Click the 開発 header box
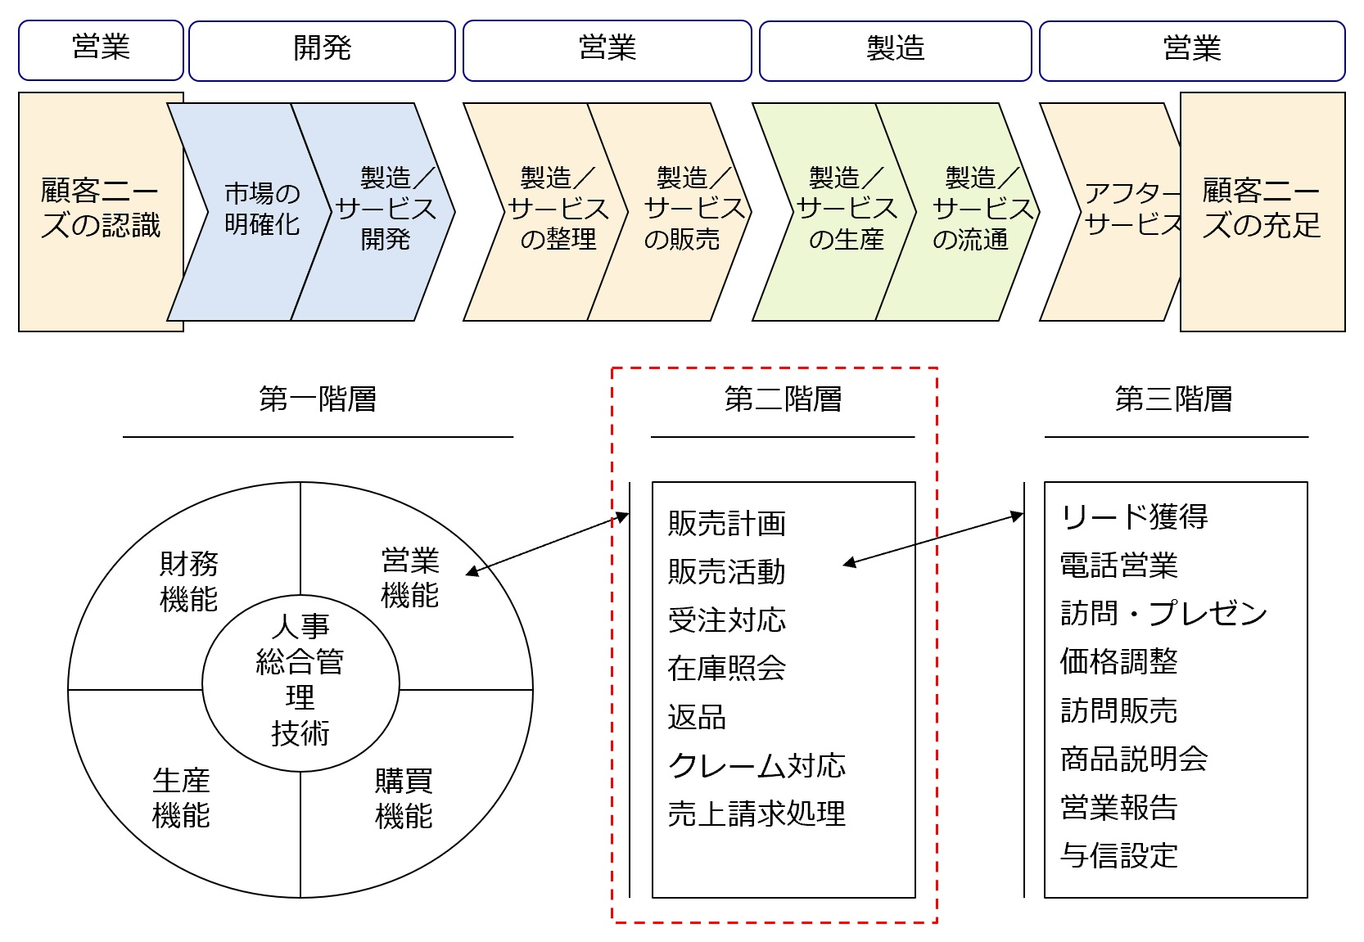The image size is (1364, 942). pyautogui.click(x=322, y=51)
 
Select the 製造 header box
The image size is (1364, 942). pyautogui.click(x=895, y=51)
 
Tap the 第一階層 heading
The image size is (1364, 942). pyautogui.click(x=318, y=399)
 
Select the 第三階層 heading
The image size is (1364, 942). pyautogui.click(x=1173, y=399)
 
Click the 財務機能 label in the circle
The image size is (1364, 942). pyautogui.click(x=188, y=581)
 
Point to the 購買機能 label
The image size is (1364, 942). pyautogui.click(x=403, y=798)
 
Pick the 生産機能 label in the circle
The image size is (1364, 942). pyautogui.click(x=181, y=798)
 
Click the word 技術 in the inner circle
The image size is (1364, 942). pyautogui.click(x=300, y=733)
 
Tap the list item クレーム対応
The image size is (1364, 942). pyautogui.click(x=757, y=766)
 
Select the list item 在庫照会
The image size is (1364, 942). pyautogui.click(x=726, y=669)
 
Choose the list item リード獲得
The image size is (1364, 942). pyautogui.click(x=1134, y=516)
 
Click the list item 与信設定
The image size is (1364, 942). pyautogui.click(x=1118, y=856)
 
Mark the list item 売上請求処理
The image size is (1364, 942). pyautogui.click(x=757, y=814)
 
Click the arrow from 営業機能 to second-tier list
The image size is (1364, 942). pyautogui.click(x=547, y=544)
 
